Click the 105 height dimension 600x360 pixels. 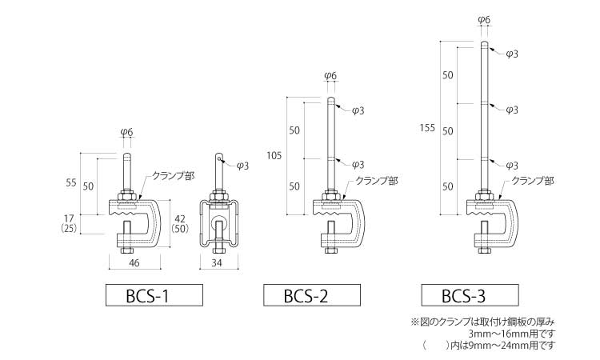[273, 155]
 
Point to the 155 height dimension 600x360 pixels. [429, 128]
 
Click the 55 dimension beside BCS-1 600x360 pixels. [70, 183]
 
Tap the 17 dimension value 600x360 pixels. [70, 217]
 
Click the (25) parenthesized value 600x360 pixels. [70, 229]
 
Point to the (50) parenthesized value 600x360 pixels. [180, 229]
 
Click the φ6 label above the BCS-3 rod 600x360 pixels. [484, 18]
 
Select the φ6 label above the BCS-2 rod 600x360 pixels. [330, 76]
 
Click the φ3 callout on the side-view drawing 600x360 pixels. [243, 166]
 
